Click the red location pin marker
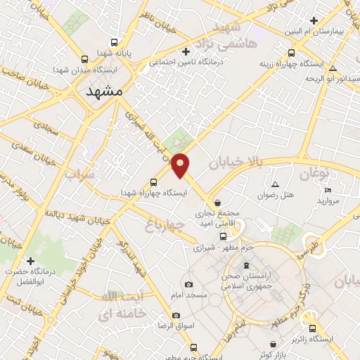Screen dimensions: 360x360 pyautogui.click(x=181, y=165)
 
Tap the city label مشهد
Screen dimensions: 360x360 pyautogui.click(x=106, y=92)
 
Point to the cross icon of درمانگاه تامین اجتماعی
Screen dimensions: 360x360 pyautogui.click(x=186, y=51)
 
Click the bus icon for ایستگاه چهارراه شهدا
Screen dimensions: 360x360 pyautogui.click(x=155, y=181)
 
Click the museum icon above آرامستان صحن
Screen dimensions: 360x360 pyautogui.click(x=245, y=265)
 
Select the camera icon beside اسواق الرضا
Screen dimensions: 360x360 pyautogui.click(x=176, y=315)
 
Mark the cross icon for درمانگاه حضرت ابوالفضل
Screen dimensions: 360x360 pyautogui.click(x=30, y=262)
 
